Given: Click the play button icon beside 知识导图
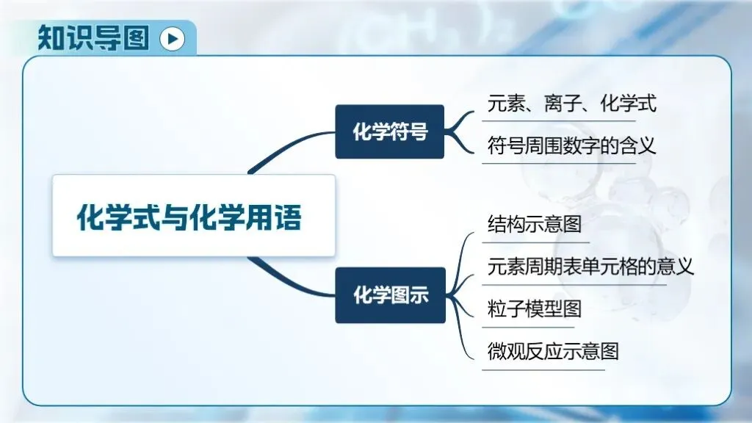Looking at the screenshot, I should [x=172, y=38].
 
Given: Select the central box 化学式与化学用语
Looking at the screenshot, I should [x=193, y=216].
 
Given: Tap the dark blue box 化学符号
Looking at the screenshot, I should [x=390, y=132].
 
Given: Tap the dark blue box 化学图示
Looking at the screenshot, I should [x=390, y=295].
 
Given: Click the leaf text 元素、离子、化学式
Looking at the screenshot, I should [x=571, y=104].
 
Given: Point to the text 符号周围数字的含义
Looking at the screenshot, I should [x=571, y=145].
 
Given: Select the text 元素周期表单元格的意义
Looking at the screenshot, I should [x=590, y=266].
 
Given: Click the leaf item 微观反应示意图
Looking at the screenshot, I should [x=553, y=351].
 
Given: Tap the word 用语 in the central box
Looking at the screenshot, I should [x=282, y=216].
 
